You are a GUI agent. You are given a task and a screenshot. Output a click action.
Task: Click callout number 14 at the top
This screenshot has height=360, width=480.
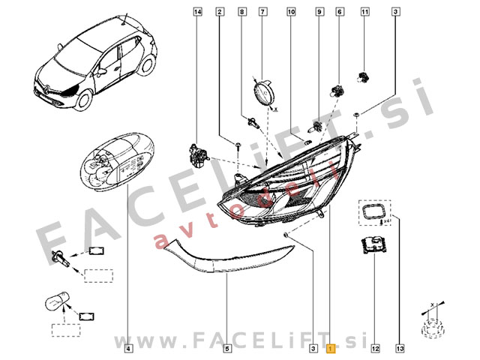tap(198, 12)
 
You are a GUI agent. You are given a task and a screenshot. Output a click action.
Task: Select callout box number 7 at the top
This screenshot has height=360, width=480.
tap(263, 12)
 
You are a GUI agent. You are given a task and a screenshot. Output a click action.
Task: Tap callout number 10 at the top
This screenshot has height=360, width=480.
tap(291, 12)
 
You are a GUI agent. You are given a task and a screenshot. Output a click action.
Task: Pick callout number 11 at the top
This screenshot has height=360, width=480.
tap(365, 12)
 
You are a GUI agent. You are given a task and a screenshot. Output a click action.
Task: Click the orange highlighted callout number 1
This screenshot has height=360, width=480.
tap(331, 348)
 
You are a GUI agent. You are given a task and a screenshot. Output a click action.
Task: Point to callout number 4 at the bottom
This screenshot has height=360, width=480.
tap(128, 348)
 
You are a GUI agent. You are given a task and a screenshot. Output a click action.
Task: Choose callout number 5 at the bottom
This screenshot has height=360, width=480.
tap(227, 348)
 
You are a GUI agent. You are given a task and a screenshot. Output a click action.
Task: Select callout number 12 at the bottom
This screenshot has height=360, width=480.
tap(374, 348)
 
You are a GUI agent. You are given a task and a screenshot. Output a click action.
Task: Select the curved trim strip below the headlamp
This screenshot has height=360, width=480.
tap(225, 259)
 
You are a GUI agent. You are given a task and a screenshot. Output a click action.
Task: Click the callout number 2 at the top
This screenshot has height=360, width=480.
tap(220, 12)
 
